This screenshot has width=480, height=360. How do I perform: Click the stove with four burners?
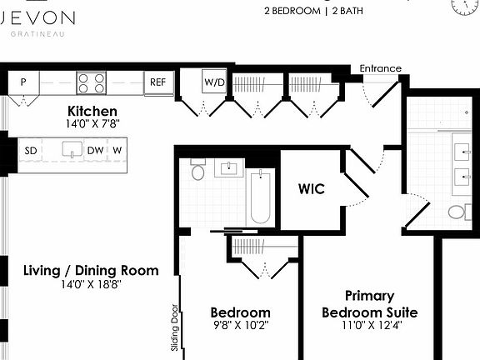(x=92, y=82)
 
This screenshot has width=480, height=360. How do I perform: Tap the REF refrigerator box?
(x=157, y=82)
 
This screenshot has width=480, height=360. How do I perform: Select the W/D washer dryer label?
(x=215, y=82)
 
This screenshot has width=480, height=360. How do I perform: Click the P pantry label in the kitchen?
(x=23, y=82)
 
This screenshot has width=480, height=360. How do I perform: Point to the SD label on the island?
(x=31, y=150)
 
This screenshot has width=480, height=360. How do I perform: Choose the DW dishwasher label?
(x=95, y=150)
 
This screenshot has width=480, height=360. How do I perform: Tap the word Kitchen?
(x=92, y=111)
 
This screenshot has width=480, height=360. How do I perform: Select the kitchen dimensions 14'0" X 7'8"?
(x=92, y=125)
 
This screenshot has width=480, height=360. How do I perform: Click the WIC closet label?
(x=311, y=189)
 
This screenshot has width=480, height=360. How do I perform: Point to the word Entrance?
(x=380, y=68)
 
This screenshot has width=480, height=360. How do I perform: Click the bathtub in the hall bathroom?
(x=260, y=197)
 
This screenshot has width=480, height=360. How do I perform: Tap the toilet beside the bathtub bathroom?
(x=198, y=172)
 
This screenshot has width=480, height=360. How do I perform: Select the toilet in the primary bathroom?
(x=457, y=212)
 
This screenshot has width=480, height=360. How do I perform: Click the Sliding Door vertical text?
(x=176, y=326)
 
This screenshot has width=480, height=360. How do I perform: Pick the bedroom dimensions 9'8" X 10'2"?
(x=240, y=326)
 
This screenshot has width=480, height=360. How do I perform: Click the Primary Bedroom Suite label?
(x=369, y=304)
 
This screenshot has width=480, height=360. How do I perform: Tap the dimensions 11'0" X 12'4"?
(x=369, y=326)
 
